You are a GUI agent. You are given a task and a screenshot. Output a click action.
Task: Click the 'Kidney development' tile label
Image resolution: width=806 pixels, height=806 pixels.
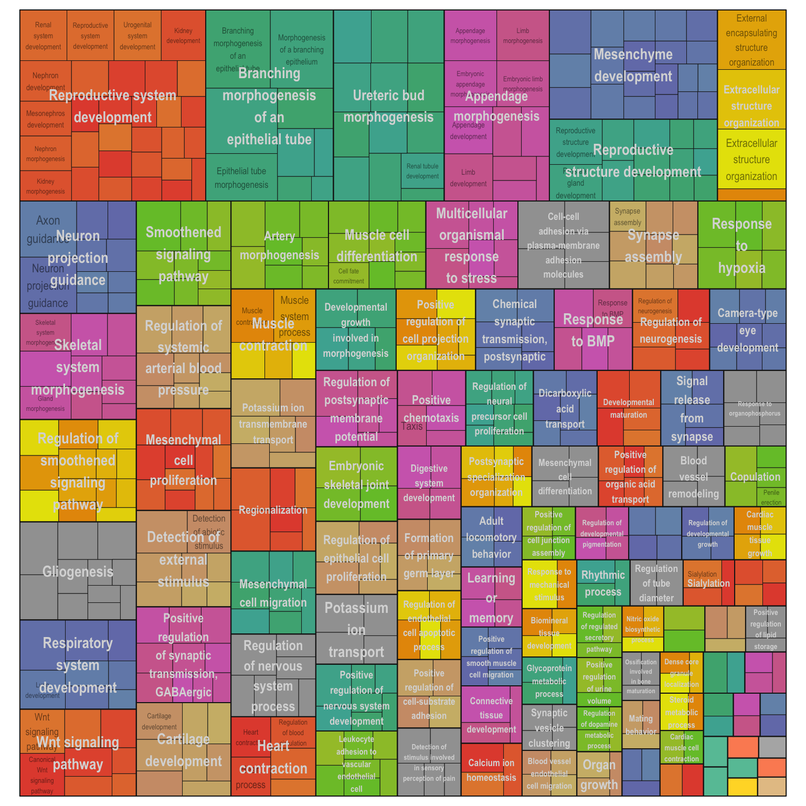coord(183,36)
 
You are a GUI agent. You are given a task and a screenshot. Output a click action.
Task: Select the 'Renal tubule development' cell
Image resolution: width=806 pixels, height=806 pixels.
coord(422,171)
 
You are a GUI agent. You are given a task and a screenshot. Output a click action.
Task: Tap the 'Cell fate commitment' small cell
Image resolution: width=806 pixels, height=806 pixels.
coord(348,275)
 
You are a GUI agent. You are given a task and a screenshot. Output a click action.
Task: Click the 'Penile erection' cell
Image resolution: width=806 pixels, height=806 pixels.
coord(771,497)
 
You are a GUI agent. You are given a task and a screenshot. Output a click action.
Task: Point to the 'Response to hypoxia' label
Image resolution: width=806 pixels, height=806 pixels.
coord(741,246)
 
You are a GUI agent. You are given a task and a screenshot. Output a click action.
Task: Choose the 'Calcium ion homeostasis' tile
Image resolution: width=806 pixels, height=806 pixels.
coord(491,770)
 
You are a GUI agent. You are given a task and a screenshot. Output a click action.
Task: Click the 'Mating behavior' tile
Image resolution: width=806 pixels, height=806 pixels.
coord(641,725)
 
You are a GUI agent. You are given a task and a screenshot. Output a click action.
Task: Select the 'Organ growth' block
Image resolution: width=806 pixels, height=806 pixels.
coord(599,775)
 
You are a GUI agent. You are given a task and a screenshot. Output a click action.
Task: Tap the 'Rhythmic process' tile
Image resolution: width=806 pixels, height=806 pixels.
coord(603,583)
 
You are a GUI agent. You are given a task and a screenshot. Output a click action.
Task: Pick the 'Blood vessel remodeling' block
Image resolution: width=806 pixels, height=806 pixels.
coord(693,476)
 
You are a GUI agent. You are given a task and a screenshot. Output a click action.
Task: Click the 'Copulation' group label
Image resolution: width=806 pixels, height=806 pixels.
coord(755,476)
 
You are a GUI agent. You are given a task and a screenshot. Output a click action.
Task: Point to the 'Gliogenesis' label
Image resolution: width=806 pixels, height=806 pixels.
coord(78,571)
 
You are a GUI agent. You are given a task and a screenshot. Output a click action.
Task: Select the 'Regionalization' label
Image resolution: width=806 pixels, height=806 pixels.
coord(273,510)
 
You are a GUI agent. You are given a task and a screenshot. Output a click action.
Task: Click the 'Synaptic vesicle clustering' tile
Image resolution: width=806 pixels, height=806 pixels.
coord(549,728)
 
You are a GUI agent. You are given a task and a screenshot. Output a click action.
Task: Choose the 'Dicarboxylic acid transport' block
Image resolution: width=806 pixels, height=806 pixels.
coord(565,408)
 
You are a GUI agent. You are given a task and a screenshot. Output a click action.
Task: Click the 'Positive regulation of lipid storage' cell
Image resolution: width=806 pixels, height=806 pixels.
coord(766,629)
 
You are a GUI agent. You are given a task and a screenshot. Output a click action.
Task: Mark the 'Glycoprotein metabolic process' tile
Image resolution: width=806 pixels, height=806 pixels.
coord(549,681)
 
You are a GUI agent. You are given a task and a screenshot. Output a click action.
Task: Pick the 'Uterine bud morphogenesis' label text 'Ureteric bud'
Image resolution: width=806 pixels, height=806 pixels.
coord(388,95)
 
